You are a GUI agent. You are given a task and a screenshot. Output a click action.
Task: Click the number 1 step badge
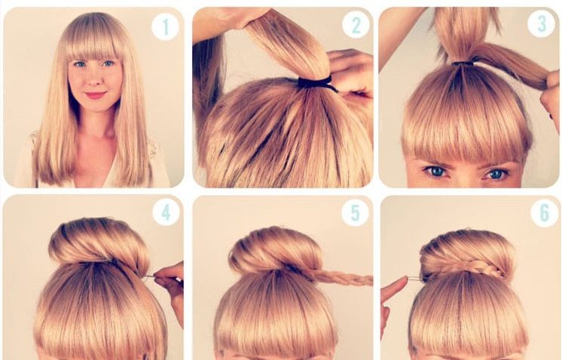click(x=165, y=26)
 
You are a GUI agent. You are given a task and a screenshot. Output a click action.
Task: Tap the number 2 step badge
click(x=356, y=25)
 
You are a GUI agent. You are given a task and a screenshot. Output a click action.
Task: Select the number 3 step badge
click(x=541, y=23)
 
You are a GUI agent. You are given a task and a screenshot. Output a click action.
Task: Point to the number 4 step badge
click(x=166, y=213)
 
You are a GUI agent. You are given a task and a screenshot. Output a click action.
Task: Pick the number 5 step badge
click(x=355, y=213)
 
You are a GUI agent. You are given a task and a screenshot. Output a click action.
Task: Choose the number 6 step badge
click(x=544, y=213)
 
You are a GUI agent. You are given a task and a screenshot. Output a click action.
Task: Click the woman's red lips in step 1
click(x=96, y=96)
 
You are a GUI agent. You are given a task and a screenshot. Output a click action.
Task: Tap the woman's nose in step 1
click(x=95, y=80)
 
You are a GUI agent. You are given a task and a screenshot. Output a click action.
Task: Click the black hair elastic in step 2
click(x=316, y=83)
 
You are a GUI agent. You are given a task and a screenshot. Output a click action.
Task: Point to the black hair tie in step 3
click(x=463, y=64)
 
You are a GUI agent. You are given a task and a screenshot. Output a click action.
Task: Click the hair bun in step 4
click(x=99, y=243)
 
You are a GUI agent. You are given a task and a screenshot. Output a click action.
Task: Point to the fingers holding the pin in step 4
click(x=171, y=290)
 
